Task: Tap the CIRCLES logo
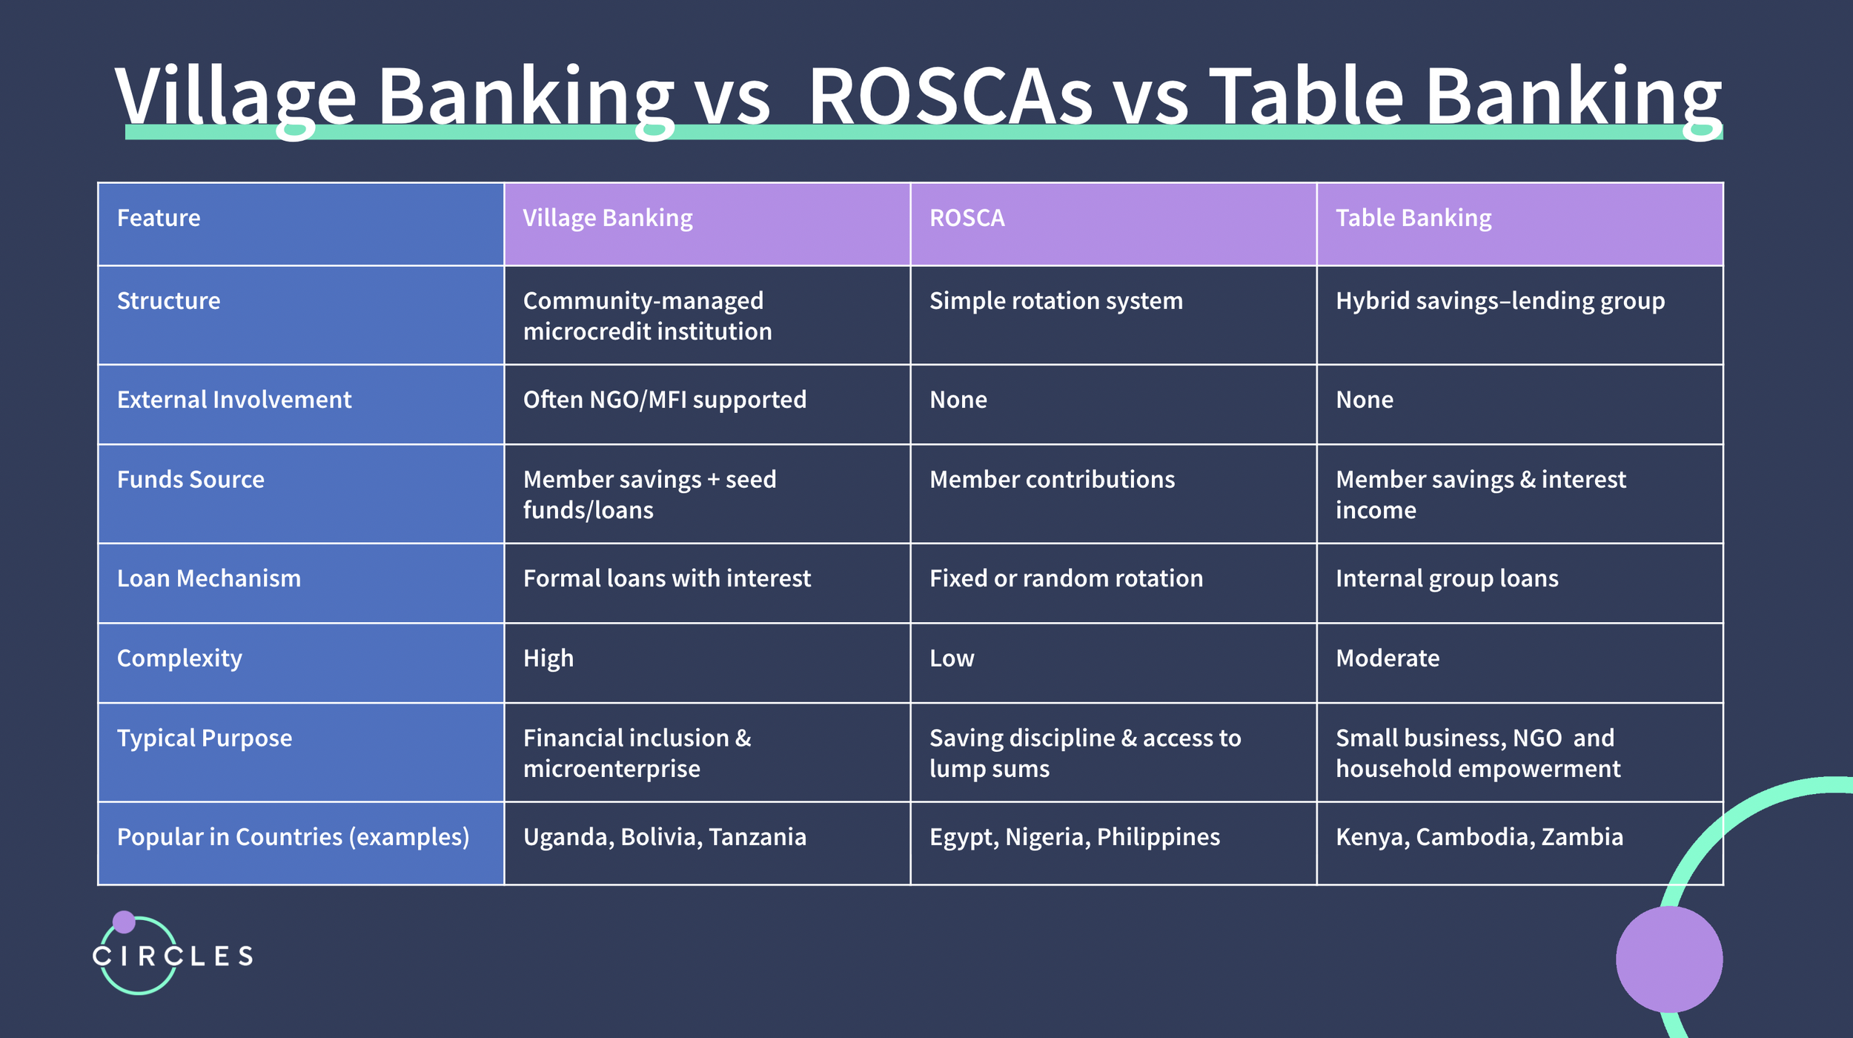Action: pos(172,956)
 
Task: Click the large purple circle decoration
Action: pos(1669,959)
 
